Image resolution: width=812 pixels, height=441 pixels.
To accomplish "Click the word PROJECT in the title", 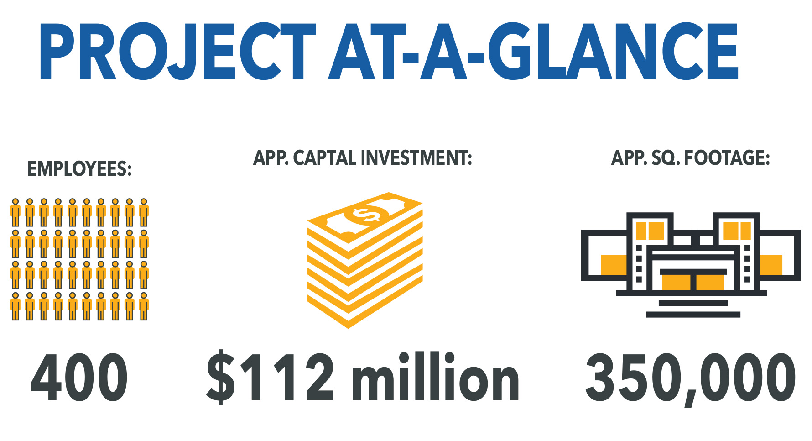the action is point(177,52).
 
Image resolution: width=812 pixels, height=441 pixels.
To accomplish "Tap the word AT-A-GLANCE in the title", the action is point(533,52).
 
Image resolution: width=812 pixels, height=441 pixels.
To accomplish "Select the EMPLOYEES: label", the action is point(79,169).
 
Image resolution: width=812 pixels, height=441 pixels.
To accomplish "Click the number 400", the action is point(79,378).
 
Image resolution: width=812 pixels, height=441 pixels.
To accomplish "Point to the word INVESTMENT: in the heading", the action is point(416,158).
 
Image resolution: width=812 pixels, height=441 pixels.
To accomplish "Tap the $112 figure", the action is point(270,377).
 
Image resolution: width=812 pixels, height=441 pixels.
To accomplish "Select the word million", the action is point(435,377).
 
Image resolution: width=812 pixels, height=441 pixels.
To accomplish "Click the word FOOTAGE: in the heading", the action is point(727,158).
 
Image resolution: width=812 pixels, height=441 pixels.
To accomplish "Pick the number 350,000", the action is point(691,379).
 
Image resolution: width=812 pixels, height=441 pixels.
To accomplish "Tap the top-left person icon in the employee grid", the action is point(16,212).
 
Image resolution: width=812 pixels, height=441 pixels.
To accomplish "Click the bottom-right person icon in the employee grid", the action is point(144,306).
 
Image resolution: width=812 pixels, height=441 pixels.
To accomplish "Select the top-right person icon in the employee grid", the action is point(144,212).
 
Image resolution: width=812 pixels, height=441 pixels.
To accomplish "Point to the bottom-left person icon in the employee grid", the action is point(16,306).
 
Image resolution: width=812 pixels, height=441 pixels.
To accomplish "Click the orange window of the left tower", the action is point(650,231).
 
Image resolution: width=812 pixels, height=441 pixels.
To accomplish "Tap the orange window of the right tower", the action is point(737,231).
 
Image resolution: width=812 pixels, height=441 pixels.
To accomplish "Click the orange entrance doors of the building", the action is point(693,282).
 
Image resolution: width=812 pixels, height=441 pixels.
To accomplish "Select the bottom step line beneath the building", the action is point(693,315).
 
